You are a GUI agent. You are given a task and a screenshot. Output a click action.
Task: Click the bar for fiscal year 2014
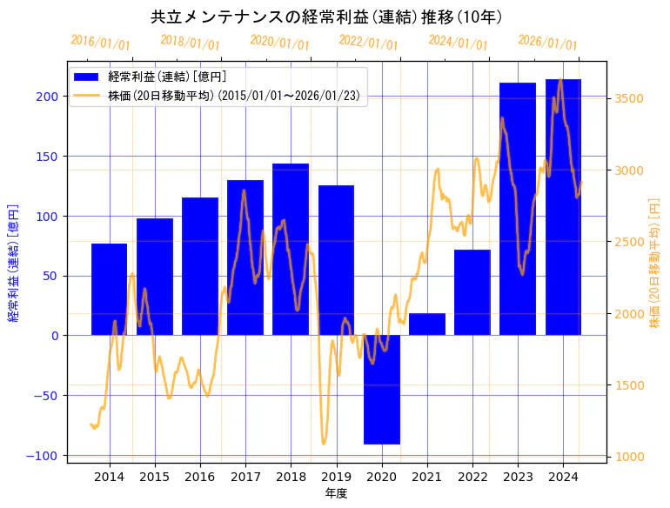click(x=110, y=289)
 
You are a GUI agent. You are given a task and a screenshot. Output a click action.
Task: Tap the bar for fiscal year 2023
click(x=518, y=209)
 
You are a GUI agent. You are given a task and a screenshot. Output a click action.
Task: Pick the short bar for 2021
click(x=427, y=324)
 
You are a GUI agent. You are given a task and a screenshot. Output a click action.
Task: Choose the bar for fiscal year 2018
click(x=291, y=249)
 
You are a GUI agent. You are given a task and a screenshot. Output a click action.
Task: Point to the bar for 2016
click(x=200, y=266)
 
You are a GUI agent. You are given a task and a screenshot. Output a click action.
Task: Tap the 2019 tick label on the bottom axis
click(x=336, y=477)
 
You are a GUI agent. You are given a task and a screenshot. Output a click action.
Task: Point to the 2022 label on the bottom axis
click(x=472, y=477)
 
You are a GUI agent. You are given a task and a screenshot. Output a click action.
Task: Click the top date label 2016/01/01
click(x=100, y=43)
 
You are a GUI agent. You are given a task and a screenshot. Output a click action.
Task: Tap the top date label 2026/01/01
click(x=547, y=43)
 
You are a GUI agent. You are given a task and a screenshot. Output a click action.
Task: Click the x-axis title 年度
click(x=336, y=493)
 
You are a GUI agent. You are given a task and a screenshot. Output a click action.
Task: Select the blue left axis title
click(x=13, y=263)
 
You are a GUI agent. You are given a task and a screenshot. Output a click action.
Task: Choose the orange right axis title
click(x=654, y=263)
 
